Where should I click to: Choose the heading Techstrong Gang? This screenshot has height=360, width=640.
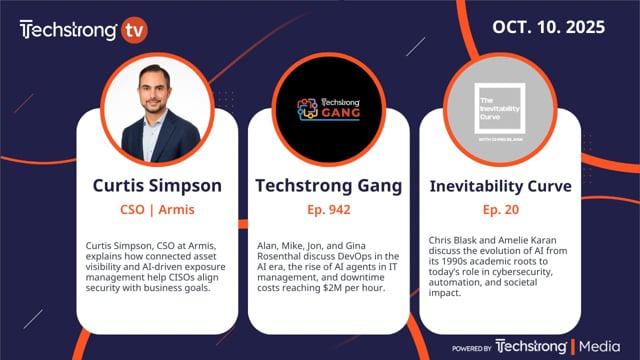coord(319,185)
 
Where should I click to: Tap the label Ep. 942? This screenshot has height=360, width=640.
coord(319,212)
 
